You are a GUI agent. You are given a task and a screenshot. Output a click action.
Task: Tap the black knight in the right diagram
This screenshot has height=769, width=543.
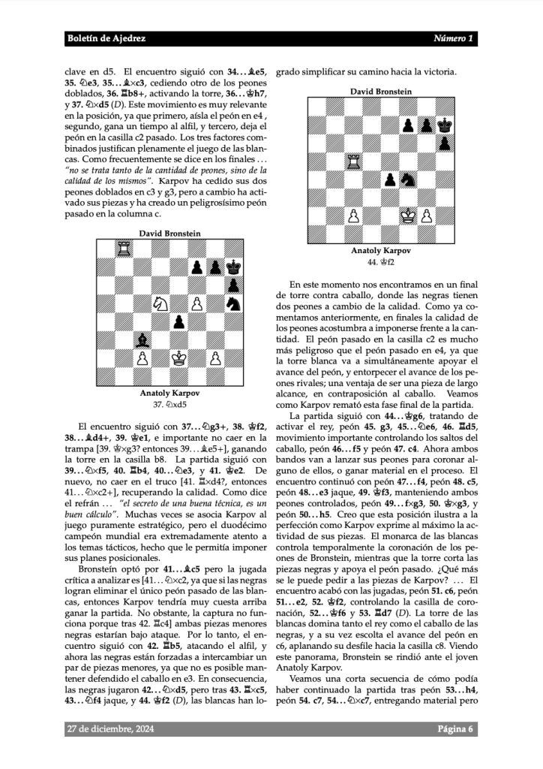pos(408,179)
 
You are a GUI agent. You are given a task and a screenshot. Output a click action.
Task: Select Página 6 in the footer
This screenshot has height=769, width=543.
pos(455,728)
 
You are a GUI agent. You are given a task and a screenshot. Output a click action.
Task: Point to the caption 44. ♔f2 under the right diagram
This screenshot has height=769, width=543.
pos(380,261)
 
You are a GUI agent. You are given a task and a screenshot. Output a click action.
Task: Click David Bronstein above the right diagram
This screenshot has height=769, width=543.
pos(380,92)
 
